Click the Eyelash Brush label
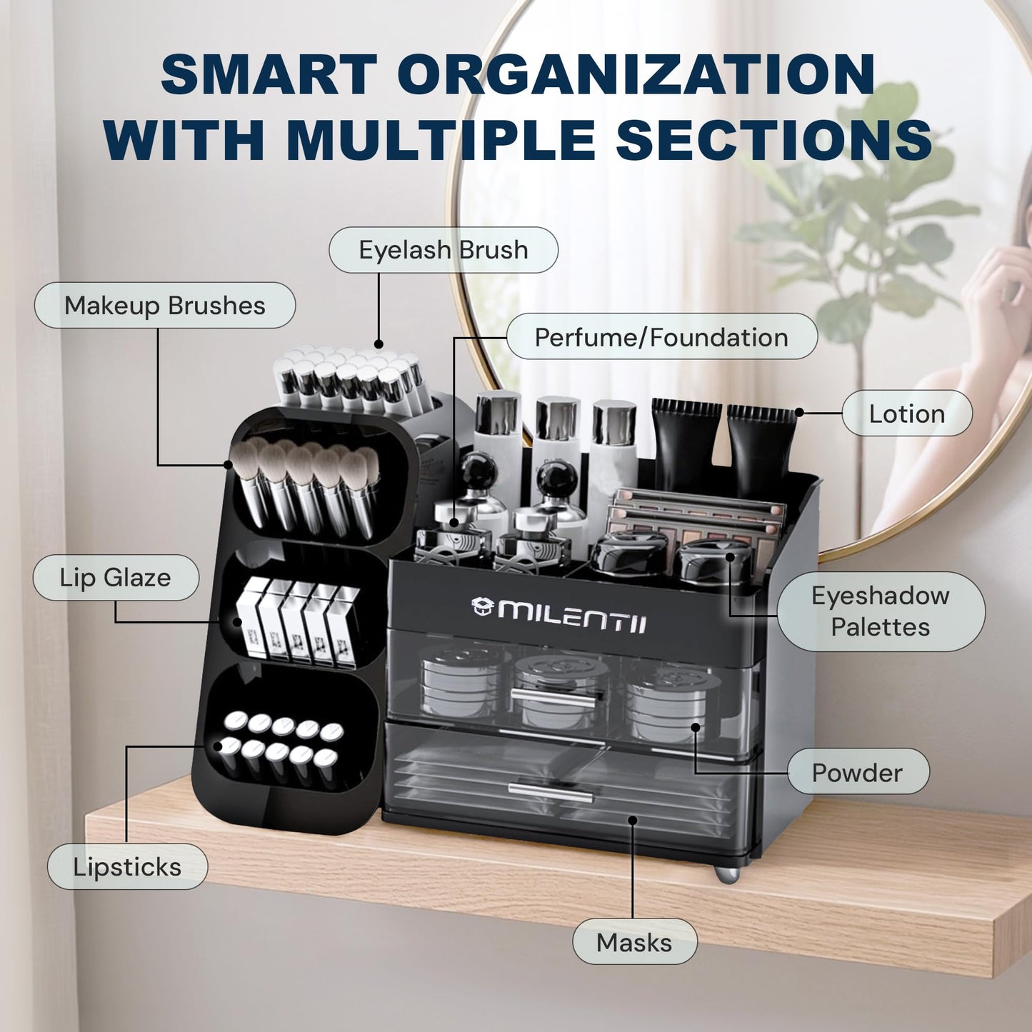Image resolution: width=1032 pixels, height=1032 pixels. pos(444,250)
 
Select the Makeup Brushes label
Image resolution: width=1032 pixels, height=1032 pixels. pos(165,306)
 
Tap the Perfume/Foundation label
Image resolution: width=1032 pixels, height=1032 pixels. pos(662,337)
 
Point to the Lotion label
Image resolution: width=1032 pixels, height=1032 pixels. pos(907,414)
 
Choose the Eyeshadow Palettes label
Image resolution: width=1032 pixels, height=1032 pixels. pos(881,611)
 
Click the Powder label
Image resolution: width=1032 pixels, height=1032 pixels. pos(858,773)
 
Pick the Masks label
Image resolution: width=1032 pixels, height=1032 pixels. pos(635,943)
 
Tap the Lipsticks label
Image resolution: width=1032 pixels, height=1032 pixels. pos(127,866)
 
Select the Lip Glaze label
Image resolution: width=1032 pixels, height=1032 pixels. pos(116,577)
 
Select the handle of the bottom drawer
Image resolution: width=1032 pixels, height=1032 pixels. pos(551,791)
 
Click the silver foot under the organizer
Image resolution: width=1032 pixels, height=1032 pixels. pos(727,873)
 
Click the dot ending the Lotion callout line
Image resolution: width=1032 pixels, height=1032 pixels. pos(799,412)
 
